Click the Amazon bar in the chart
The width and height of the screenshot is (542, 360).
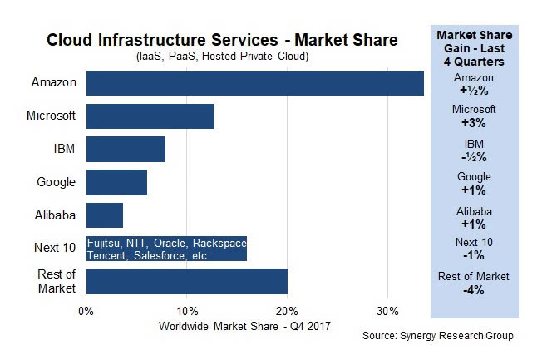254,83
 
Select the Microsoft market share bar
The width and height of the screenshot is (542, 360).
150,116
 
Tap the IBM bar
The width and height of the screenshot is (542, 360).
126,149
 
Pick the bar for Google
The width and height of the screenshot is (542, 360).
116,182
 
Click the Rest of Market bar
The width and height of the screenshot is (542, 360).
186,281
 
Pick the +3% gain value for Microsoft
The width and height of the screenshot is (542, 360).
473,122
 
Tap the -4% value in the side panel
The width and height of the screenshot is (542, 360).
473,290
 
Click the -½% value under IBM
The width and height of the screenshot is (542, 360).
473,156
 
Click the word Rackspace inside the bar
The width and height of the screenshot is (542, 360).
217,243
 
